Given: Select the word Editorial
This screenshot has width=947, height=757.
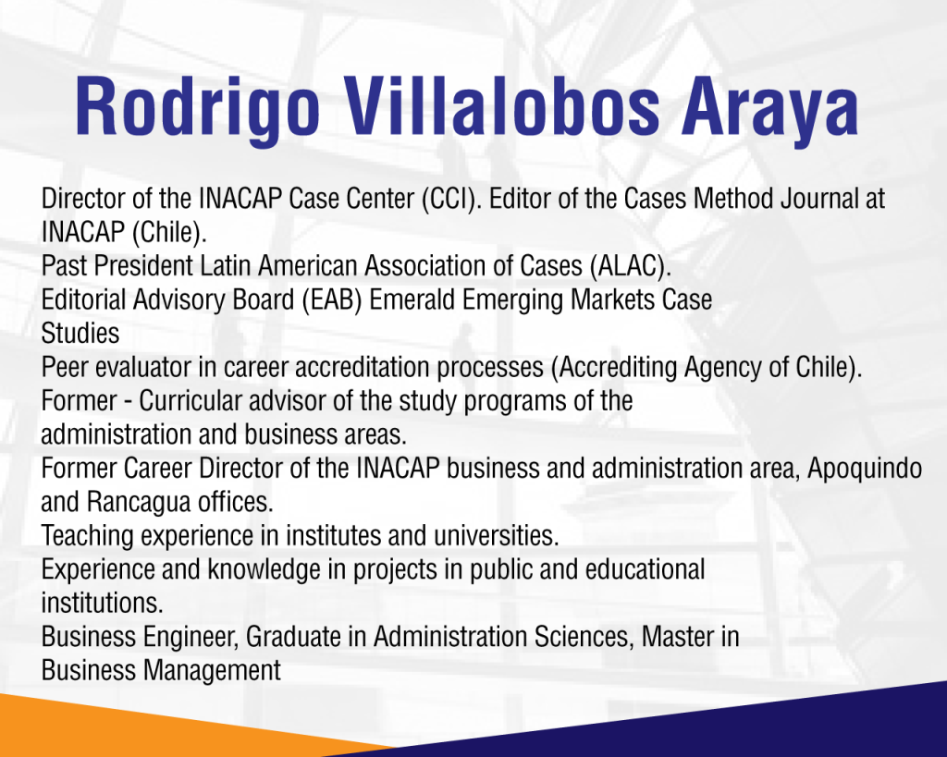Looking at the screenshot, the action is pos(83,299).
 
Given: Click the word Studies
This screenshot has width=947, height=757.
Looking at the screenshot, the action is pos(80,334).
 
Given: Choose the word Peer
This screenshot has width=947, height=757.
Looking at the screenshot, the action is pos(65,367).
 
